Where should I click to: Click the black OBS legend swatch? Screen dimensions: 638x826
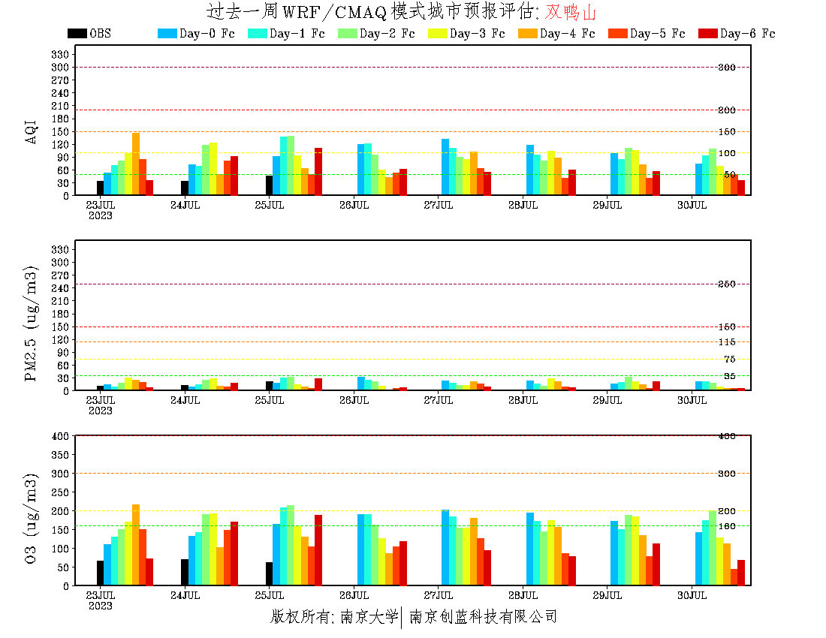[x=77, y=33]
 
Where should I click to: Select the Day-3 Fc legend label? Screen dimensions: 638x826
[x=477, y=33]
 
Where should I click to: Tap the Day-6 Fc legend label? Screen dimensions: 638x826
[x=747, y=33]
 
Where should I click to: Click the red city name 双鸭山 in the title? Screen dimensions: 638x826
[x=571, y=12]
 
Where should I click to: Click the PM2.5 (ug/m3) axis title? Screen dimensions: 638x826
[x=32, y=324]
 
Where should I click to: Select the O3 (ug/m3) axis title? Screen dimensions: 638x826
[x=32, y=518]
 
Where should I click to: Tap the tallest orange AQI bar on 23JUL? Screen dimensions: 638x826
[x=136, y=164]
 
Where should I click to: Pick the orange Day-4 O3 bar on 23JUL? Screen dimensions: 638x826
[x=136, y=545]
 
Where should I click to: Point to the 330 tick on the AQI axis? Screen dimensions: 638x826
[x=61, y=54]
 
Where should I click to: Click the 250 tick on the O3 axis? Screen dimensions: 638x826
[x=61, y=492]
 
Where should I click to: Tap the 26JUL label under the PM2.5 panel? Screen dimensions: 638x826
[x=354, y=400]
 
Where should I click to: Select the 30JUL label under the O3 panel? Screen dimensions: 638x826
[x=692, y=595]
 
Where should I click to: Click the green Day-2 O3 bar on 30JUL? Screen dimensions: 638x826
[x=713, y=548]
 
